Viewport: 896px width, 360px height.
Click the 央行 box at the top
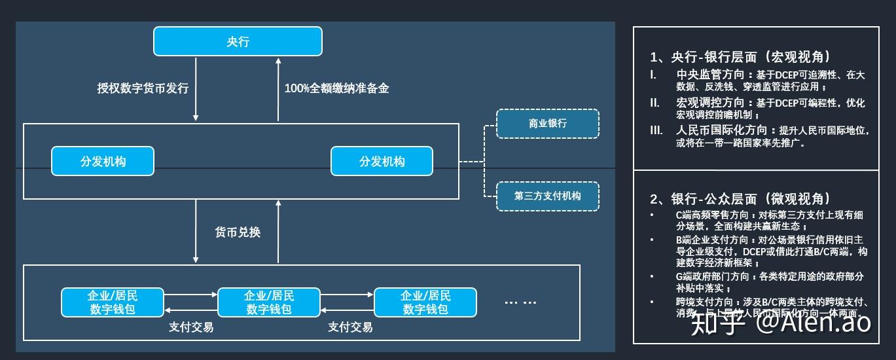click(238, 41)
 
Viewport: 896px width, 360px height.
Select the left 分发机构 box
click(103, 162)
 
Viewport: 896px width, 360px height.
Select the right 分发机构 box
click(382, 162)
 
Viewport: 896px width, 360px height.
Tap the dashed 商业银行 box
click(548, 124)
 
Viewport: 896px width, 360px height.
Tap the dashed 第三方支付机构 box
click(548, 196)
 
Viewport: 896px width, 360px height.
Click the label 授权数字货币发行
click(143, 88)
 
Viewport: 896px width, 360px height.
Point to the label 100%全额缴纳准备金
click(336, 88)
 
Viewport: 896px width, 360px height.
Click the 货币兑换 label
click(238, 232)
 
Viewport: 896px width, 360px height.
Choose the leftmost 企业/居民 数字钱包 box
click(113, 302)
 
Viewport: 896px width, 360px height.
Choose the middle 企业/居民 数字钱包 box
click(269, 302)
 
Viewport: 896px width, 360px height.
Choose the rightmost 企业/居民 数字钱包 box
click(425, 302)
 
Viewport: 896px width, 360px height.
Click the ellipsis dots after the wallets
click(521, 302)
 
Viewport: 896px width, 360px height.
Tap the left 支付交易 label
click(190, 327)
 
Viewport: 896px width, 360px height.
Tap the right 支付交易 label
click(350, 327)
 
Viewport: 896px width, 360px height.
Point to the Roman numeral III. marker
click(656, 130)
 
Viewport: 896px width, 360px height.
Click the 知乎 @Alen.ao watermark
click(781, 323)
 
